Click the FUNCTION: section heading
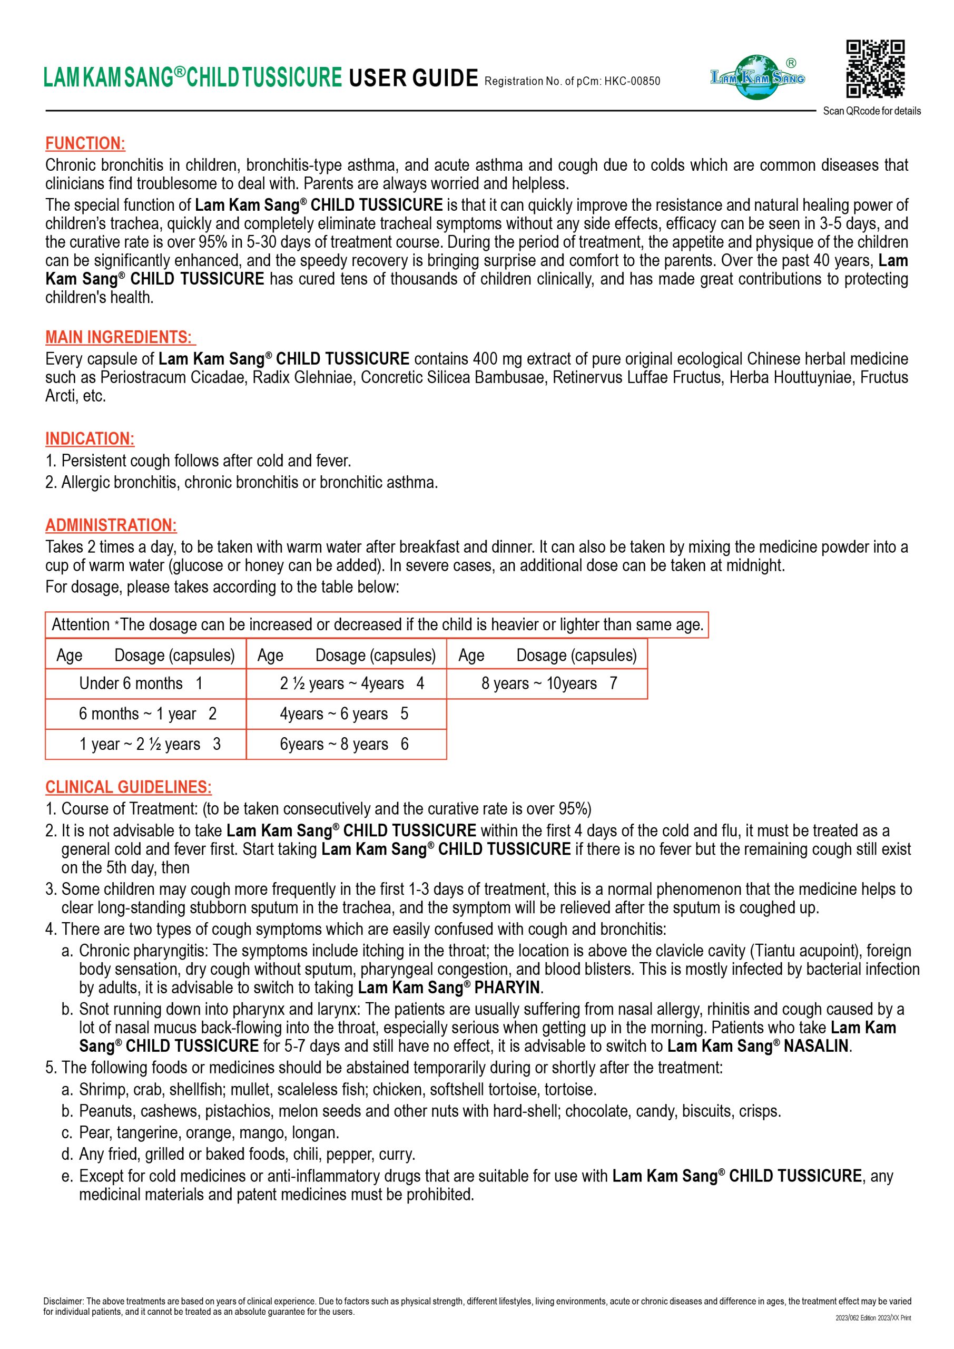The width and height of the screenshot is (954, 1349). coord(85,143)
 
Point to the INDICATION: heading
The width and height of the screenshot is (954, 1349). coord(90,439)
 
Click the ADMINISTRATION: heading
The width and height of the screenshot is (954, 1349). coord(111,525)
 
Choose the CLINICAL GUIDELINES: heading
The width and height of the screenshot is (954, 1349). coord(129,787)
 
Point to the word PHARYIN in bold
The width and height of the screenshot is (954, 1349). coord(507,988)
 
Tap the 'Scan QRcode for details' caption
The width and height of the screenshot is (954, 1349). coord(872,111)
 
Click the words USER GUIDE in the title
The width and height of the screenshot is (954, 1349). coord(414,78)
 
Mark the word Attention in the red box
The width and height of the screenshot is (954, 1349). coord(81,624)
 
